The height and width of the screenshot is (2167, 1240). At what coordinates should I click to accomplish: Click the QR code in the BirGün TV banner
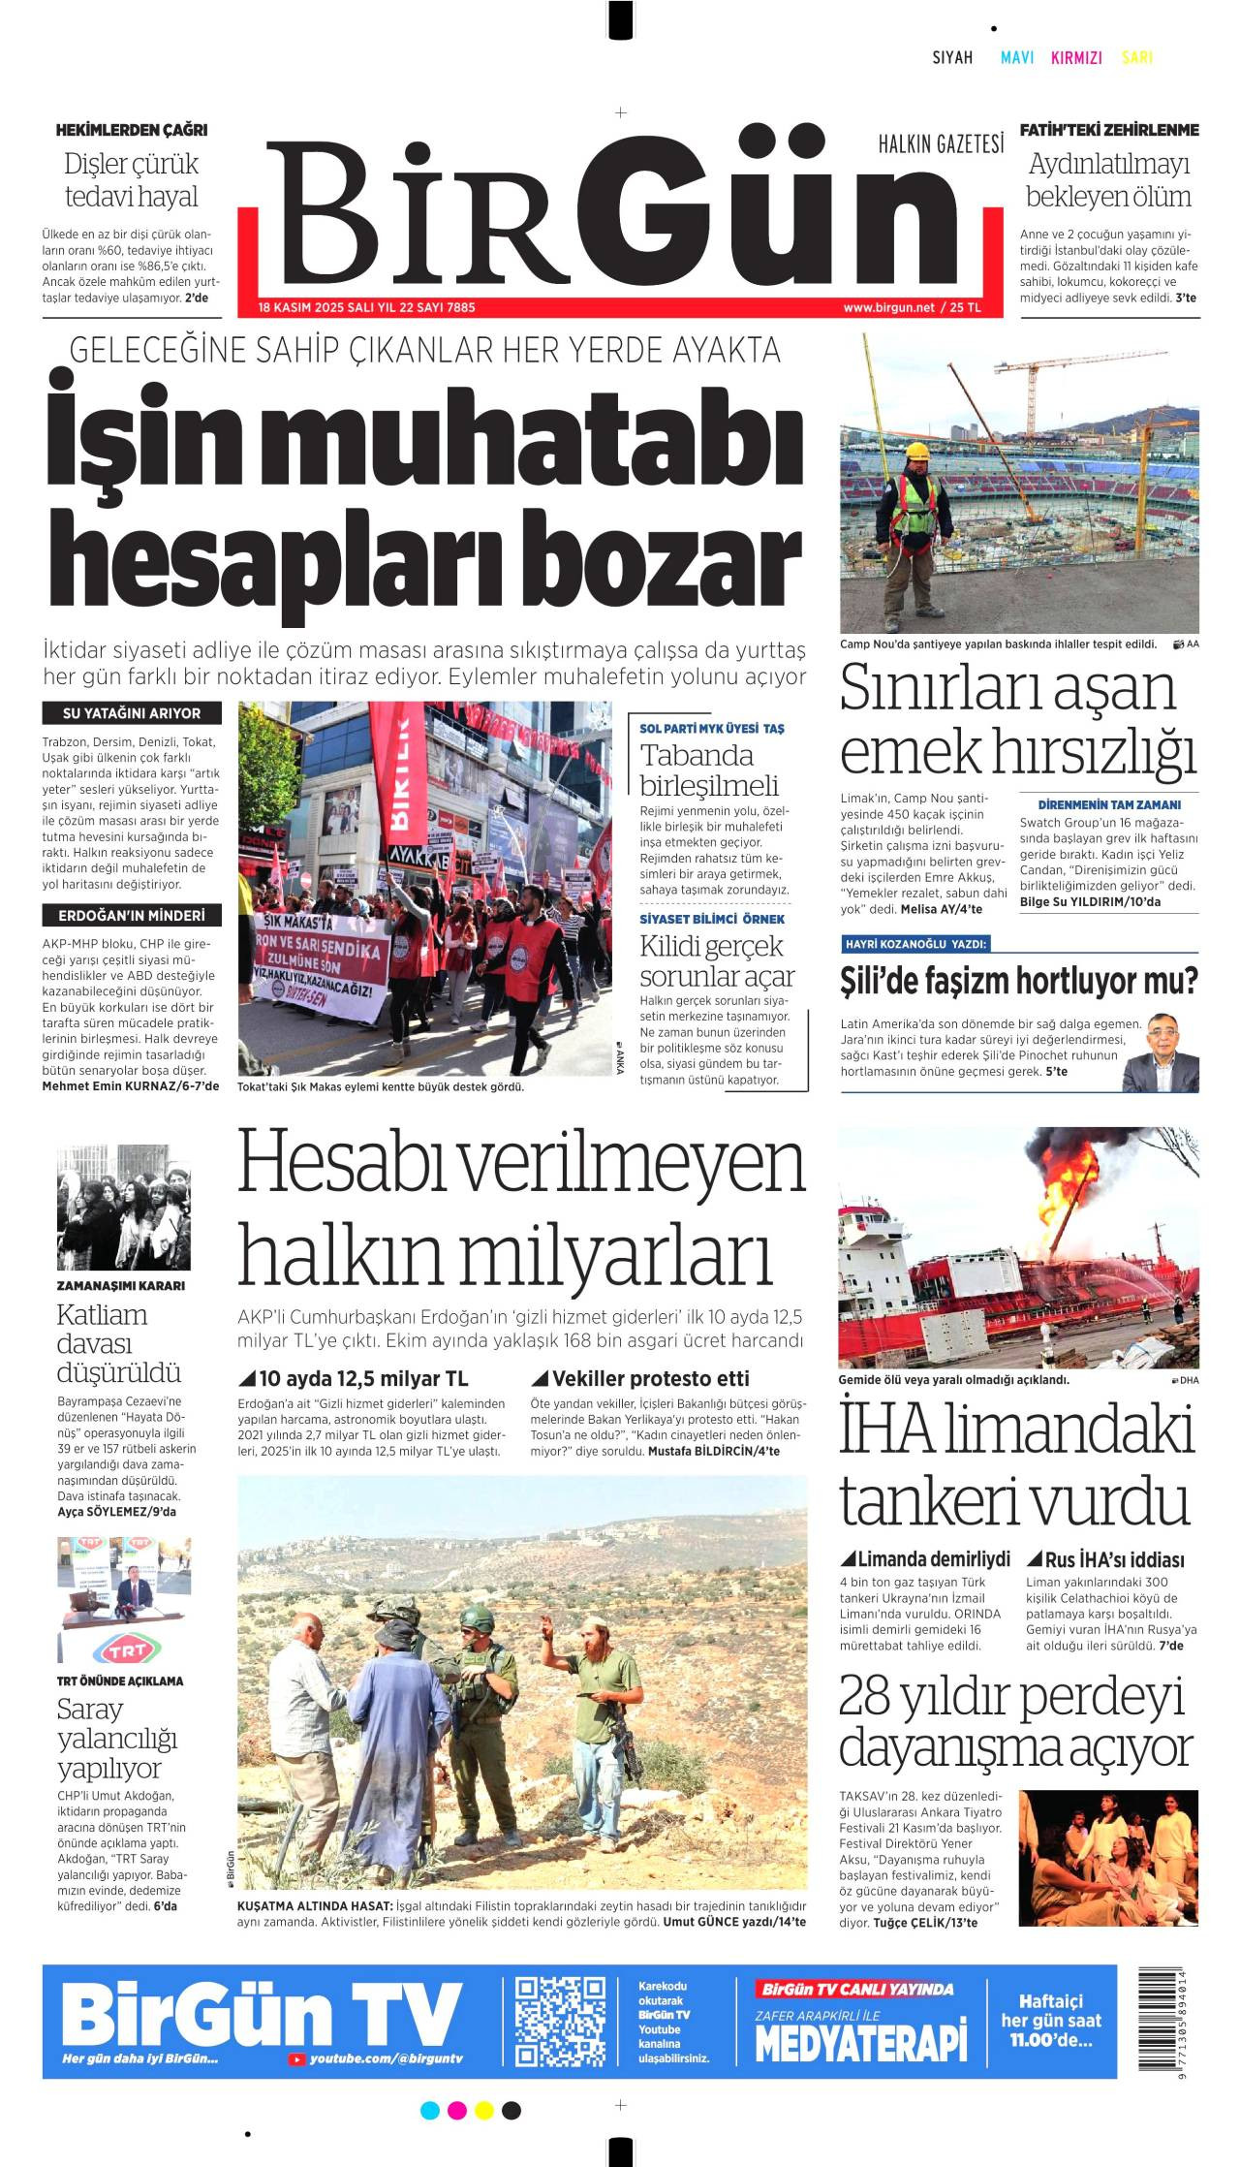[x=560, y=2021]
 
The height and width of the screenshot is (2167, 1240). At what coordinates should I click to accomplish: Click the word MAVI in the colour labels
[x=1016, y=58]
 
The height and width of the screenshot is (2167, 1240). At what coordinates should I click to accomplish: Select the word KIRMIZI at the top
[x=1076, y=58]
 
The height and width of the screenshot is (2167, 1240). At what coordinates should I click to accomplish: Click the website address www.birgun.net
[x=888, y=307]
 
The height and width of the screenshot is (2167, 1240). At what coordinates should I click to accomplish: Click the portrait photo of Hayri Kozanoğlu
[x=1161, y=1052]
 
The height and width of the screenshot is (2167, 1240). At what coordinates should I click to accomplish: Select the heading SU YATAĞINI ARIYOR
[x=132, y=713]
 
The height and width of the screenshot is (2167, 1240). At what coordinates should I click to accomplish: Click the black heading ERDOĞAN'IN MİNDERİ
[x=132, y=915]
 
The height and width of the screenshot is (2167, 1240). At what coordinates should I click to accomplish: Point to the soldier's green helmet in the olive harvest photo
[x=476, y=1617]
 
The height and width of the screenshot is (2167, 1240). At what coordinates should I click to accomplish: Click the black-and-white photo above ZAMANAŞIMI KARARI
[x=123, y=1207]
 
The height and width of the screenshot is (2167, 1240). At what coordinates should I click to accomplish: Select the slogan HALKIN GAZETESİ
[x=941, y=144]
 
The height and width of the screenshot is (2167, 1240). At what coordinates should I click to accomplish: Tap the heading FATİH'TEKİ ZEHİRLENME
[x=1108, y=130]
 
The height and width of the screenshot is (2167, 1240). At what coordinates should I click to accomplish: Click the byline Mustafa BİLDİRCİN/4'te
[x=713, y=1451]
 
